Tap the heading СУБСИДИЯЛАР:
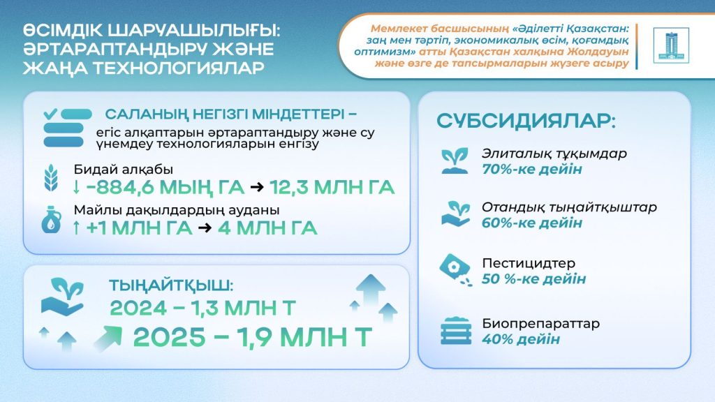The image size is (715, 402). click(526, 121)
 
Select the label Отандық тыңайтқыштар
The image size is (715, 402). click(569, 207)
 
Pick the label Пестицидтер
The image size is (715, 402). click(529, 264)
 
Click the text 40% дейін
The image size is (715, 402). click(521, 339)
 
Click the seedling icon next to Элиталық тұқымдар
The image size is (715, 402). click(456, 160)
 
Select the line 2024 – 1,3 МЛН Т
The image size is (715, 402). click(202, 308)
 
